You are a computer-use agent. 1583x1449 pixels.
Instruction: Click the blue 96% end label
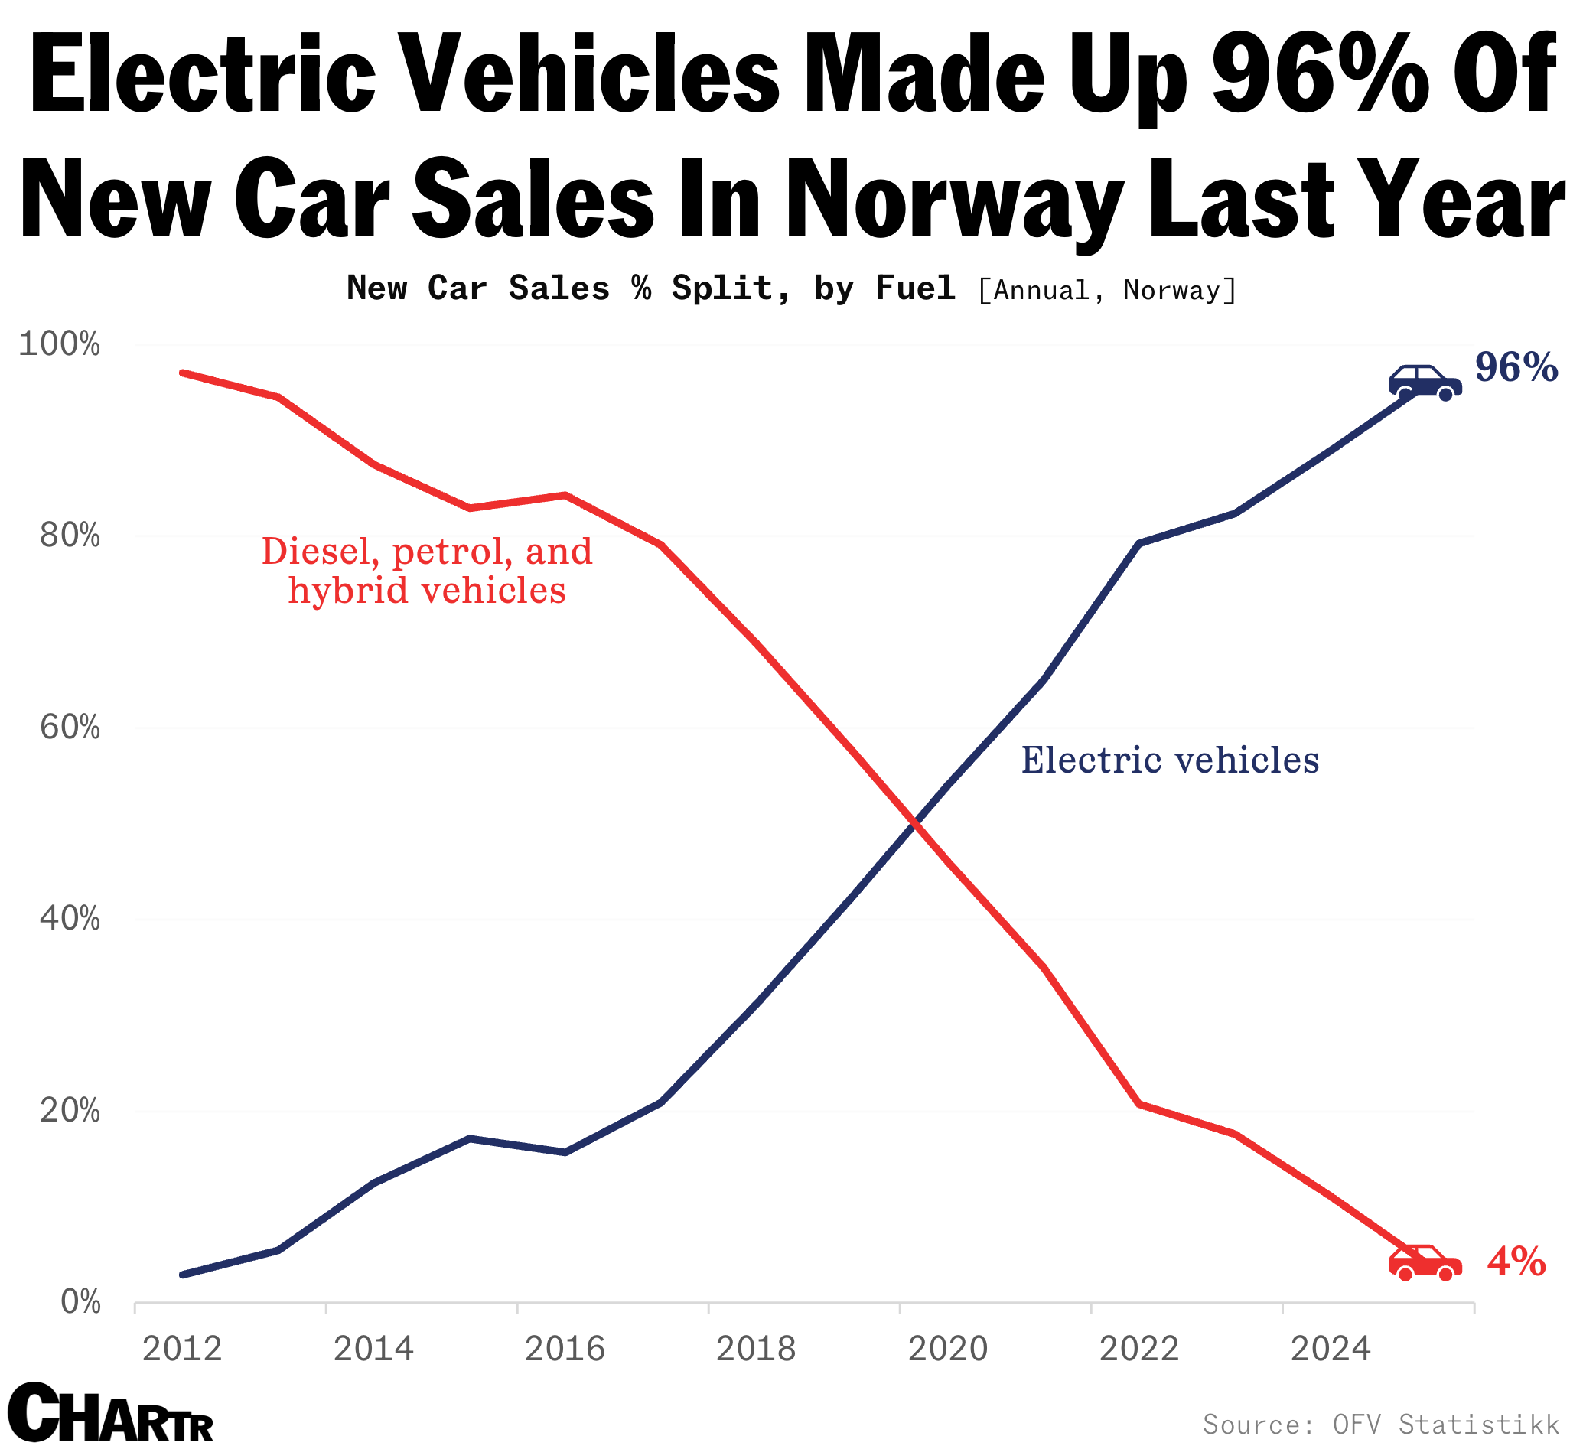pos(1516,367)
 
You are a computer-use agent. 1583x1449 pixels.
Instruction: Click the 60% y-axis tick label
pos(69,728)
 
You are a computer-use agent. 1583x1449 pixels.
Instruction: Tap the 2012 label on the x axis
pos(182,1349)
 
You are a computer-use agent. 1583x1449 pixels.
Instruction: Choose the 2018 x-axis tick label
pos(755,1349)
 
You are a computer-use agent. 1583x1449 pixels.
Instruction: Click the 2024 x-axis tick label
pos(1331,1349)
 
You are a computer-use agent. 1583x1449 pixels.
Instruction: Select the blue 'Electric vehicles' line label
pos(1169,760)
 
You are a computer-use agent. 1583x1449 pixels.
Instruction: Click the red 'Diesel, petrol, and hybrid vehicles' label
pos(426,571)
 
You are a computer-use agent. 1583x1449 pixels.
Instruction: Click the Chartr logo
pos(110,1414)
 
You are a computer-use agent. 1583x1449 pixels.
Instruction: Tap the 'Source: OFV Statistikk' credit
pos(1380,1424)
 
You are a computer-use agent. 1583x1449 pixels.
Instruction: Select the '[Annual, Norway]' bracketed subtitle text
pos(1107,290)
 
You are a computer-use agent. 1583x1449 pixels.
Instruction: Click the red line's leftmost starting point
pos(183,373)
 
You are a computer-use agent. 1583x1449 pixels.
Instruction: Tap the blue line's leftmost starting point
pos(183,1274)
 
